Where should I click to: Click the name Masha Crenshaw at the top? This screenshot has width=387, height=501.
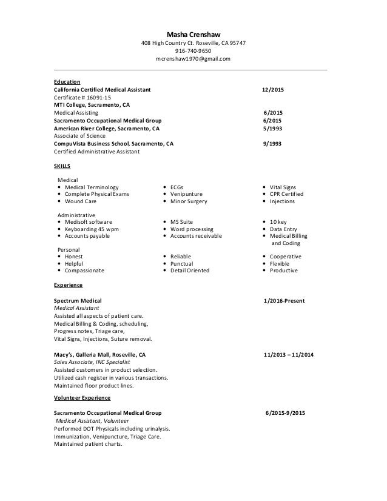click(x=193, y=34)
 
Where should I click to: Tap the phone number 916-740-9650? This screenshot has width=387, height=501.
click(x=193, y=51)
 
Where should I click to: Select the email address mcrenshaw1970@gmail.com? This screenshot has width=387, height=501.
click(x=193, y=59)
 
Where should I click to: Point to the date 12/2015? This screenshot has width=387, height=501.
click(x=272, y=90)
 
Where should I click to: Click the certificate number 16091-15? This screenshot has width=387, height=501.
click(x=82, y=98)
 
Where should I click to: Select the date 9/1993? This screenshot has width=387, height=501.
click(x=272, y=144)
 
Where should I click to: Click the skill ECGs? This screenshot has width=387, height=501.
click(x=177, y=187)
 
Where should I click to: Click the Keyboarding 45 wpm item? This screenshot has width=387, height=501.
click(x=92, y=230)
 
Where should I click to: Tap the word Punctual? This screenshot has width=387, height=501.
click(x=181, y=264)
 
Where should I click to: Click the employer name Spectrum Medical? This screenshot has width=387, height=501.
click(x=78, y=301)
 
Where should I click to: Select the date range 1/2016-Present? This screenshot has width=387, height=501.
click(x=284, y=301)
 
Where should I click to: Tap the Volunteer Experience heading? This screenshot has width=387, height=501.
click(x=82, y=398)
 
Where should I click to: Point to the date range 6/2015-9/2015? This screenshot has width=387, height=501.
click(x=285, y=413)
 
